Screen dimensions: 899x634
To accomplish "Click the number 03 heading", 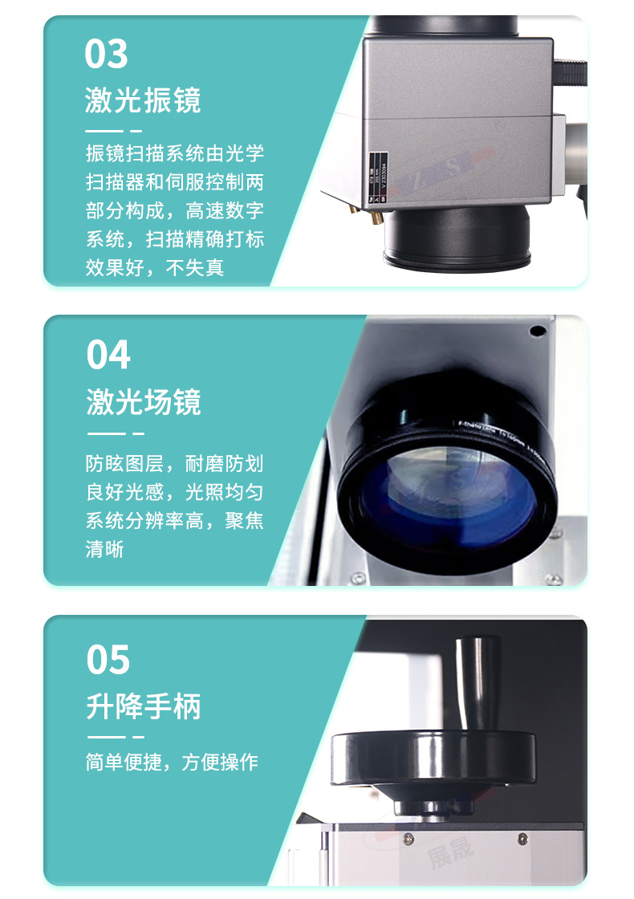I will (x=106, y=54).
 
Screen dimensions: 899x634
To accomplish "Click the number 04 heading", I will (x=108, y=355).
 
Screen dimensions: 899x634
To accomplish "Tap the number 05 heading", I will (x=108, y=660).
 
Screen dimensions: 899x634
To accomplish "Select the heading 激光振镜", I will (x=143, y=100).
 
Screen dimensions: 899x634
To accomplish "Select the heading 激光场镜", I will (x=144, y=402).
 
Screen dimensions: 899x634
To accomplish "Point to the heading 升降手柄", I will (x=144, y=706).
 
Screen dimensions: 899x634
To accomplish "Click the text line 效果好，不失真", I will (x=155, y=267).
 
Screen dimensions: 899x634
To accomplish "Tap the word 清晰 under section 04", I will (x=105, y=550).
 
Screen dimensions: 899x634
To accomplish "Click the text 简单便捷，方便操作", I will (x=172, y=762).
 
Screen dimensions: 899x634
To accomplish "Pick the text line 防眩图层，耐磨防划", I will (x=174, y=463).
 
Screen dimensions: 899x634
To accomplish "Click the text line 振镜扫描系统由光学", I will (x=174, y=153).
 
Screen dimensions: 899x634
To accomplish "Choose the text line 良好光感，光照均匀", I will (x=174, y=492).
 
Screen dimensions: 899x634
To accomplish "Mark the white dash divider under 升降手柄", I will (x=115, y=736).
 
